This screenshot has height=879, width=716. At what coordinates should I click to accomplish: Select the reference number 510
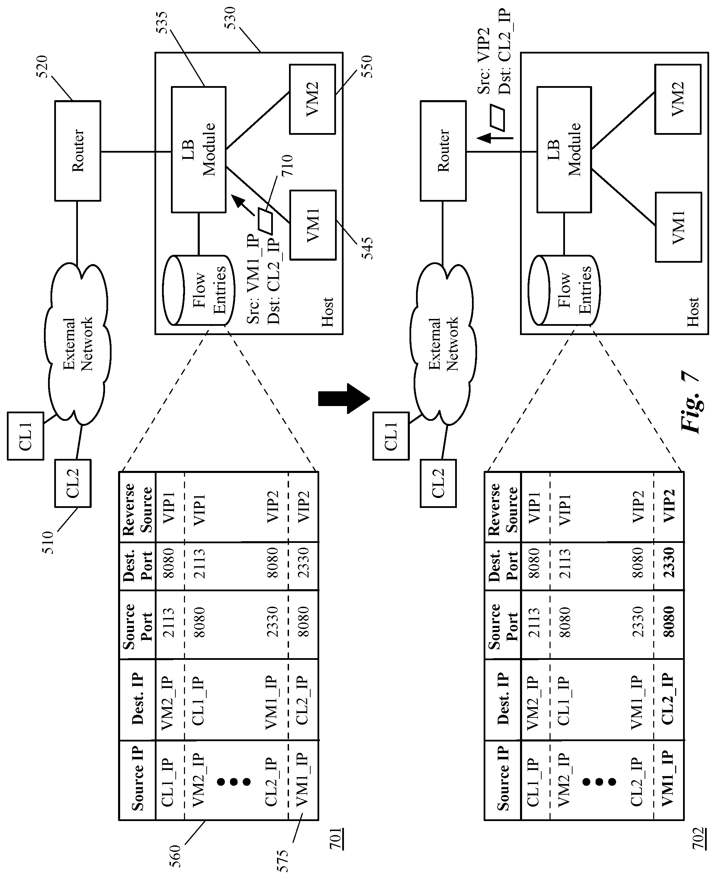[48, 542]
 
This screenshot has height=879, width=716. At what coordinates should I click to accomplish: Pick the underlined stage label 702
[698, 838]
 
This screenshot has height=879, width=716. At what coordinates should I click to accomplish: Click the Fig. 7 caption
[690, 402]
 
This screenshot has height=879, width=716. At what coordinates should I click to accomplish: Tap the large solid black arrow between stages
[344, 399]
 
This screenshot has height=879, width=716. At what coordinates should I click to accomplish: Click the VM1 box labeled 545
[313, 225]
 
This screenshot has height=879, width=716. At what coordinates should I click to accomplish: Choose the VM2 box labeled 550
[312, 99]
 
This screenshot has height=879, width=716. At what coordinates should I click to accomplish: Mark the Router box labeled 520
[78, 151]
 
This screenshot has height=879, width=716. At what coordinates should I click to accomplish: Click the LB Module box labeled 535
[199, 150]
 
